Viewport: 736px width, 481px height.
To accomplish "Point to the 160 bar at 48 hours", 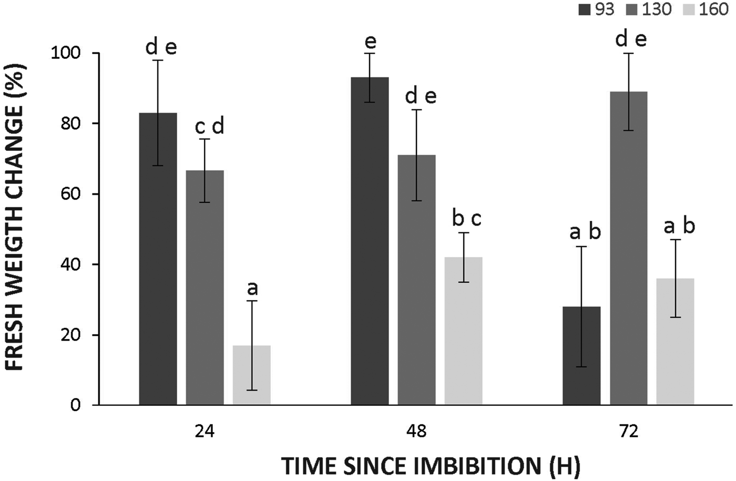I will point(463,331).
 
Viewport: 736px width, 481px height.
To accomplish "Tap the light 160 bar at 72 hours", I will point(675,341).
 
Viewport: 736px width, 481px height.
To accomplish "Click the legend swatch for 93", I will point(585,9).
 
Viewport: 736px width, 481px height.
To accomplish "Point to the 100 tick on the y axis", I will point(64,54).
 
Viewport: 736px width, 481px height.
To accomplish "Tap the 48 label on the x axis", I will point(416,432).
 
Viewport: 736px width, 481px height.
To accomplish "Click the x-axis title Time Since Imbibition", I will point(430,466).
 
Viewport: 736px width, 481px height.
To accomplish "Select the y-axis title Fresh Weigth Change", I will point(16,229).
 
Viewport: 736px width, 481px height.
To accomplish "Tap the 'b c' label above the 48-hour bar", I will point(466,219).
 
